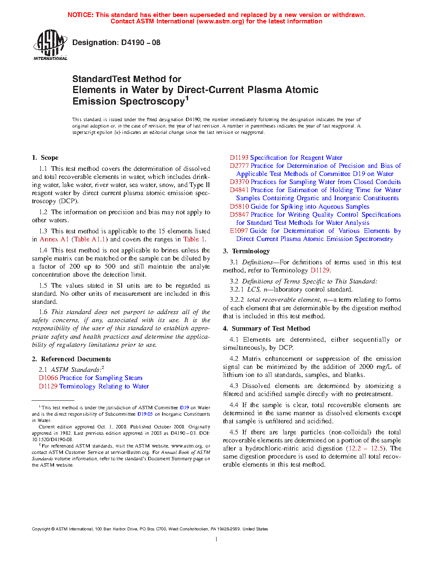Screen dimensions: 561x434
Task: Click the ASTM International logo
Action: coord(50,45)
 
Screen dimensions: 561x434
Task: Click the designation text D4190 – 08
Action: coord(116,42)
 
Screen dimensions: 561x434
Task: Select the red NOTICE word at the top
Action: coord(80,15)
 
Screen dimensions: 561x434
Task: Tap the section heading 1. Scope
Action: coord(45,158)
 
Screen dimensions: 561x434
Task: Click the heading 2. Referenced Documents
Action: coord(71,359)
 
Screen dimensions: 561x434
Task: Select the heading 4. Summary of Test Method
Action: coord(266,329)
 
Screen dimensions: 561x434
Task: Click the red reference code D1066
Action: coord(48,378)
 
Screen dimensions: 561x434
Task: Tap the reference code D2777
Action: coord(239,166)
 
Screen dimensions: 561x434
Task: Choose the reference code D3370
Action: coord(239,182)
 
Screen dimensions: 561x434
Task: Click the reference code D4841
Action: coord(239,190)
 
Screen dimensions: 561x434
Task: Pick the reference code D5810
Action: coord(239,207)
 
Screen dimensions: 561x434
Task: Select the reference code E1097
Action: coord(239,231)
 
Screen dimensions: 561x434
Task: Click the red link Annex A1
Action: coord(54,239)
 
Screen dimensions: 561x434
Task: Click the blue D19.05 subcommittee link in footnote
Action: coord(145,414)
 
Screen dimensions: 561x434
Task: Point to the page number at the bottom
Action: coord(217,539)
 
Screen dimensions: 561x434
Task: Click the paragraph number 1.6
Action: coord(43,312)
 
